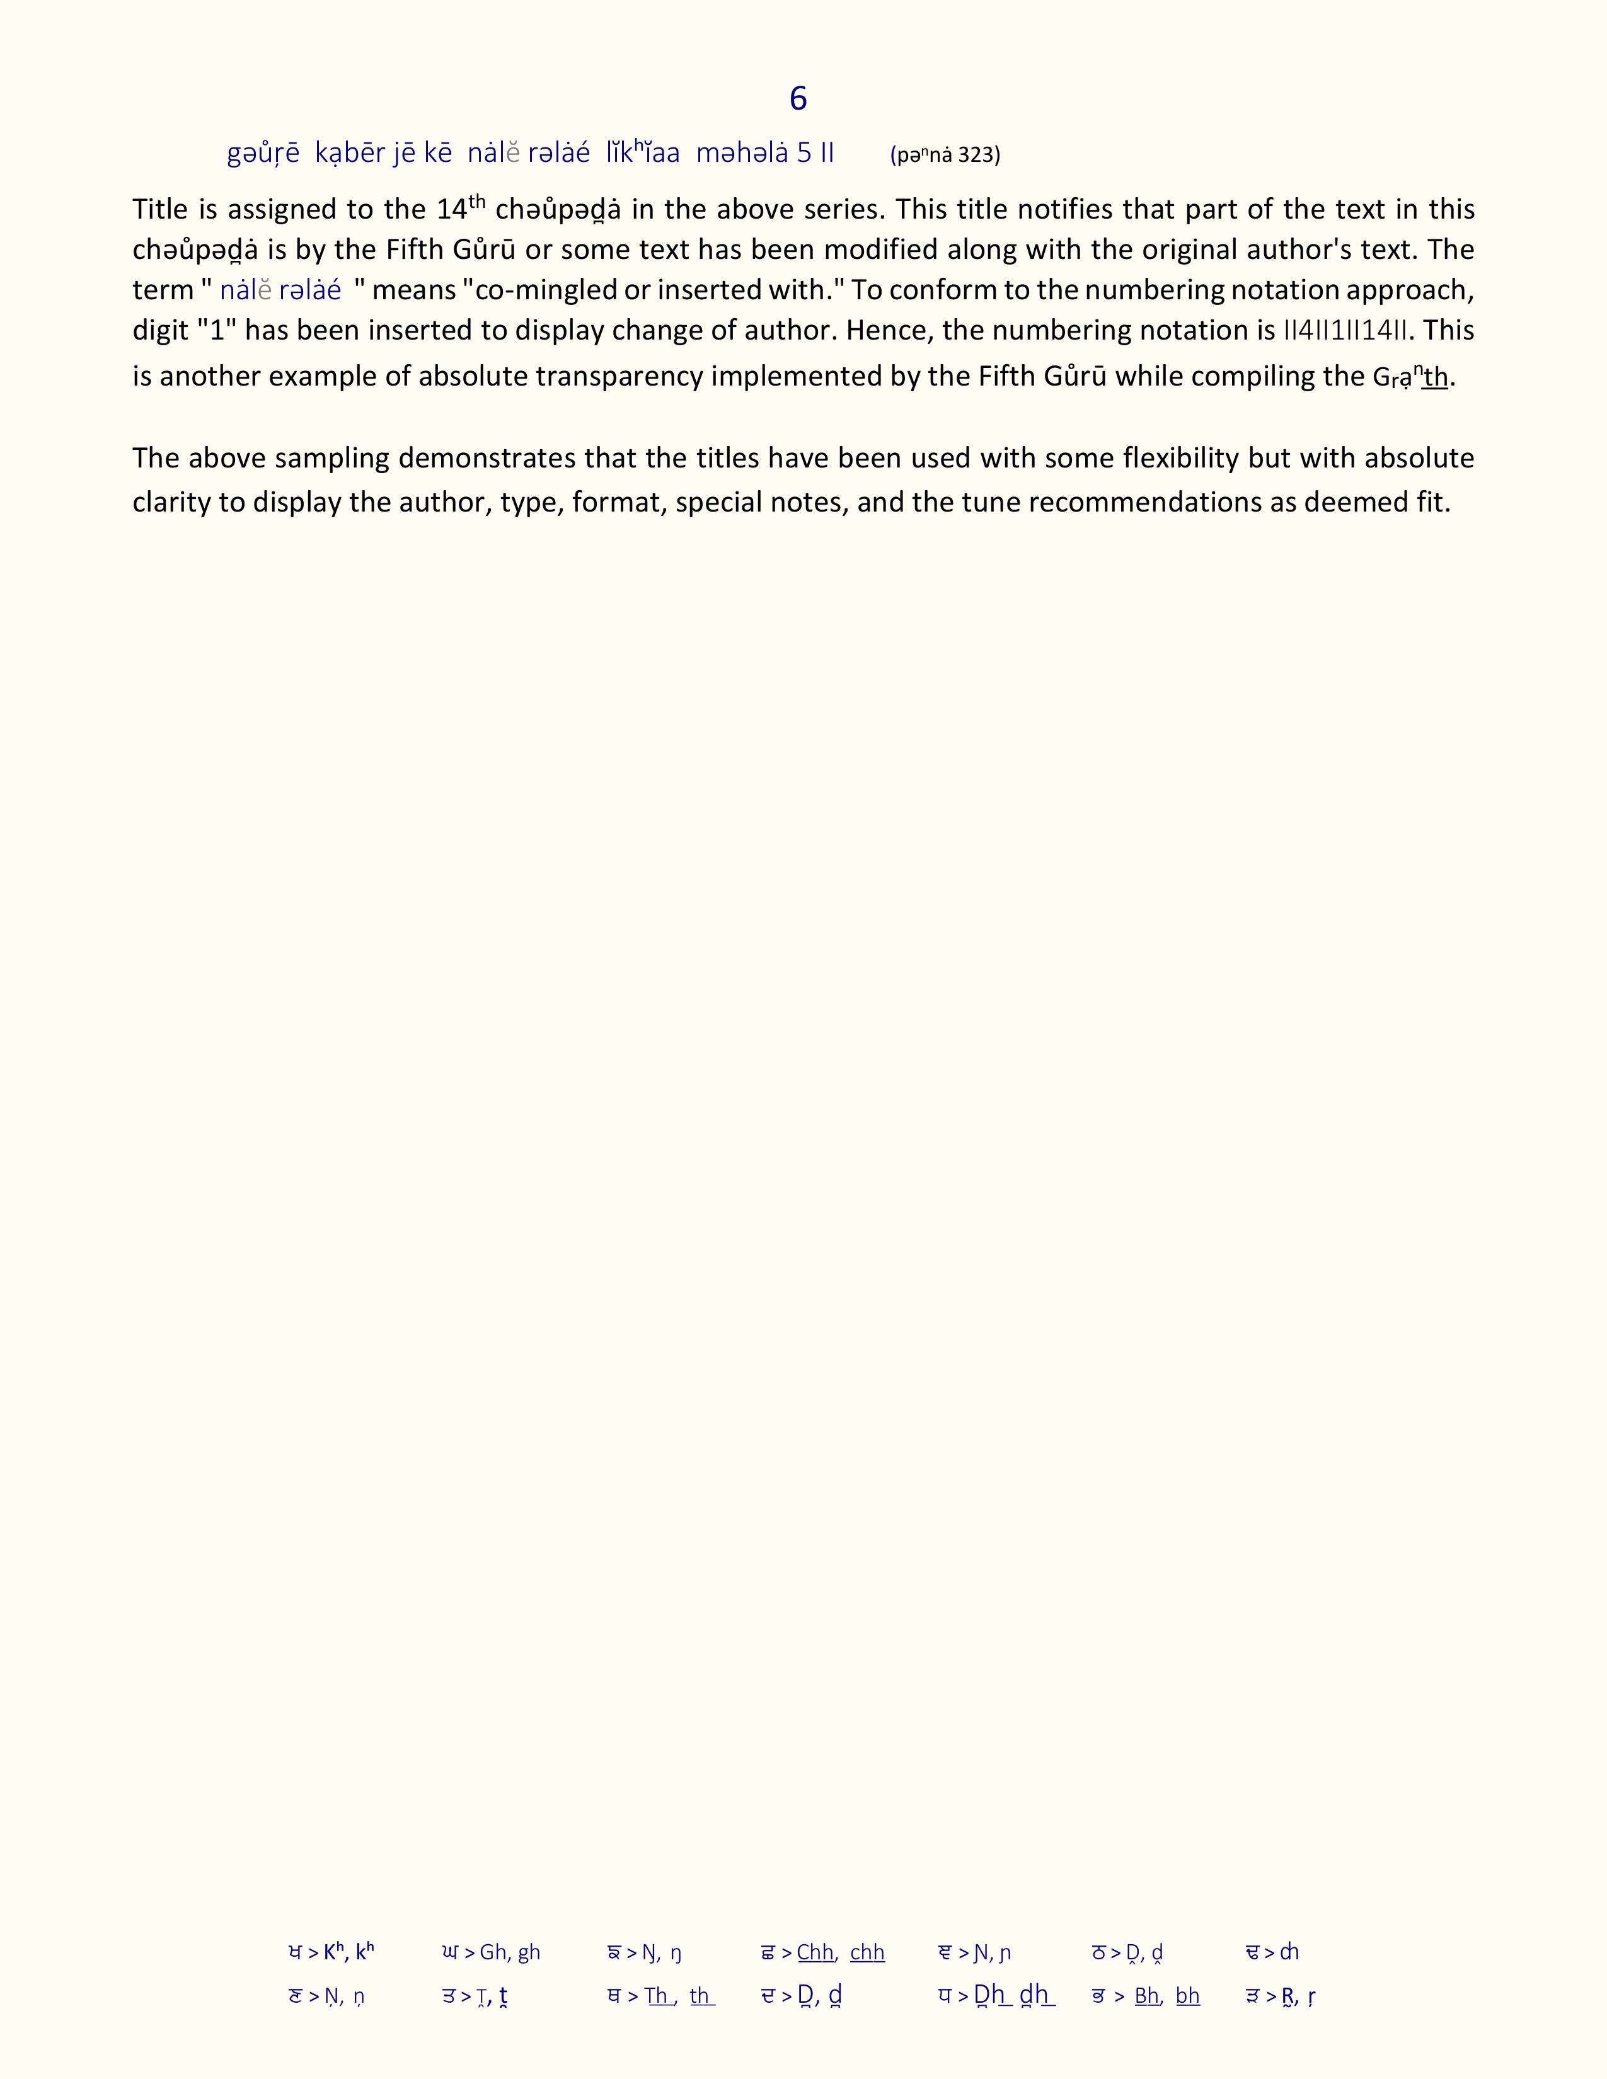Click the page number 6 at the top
click(x=798, y=98)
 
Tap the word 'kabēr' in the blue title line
click(x=349, y=153)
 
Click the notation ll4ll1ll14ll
click(x=1345, y=330)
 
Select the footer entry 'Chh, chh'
click(x=841, y=1952)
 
